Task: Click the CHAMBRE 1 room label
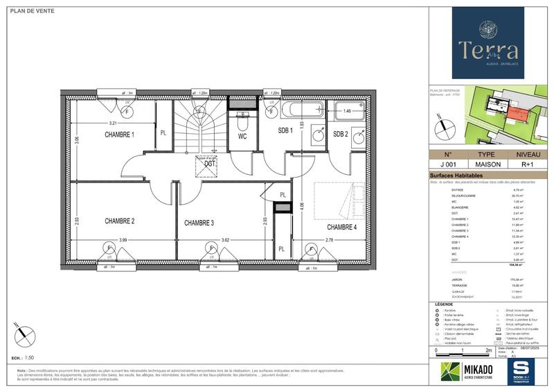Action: (119, 135)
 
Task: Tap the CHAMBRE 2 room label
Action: (119, 221)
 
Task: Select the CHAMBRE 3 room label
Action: (198, 223)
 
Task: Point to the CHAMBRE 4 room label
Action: (341, 228)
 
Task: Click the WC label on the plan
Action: (243, 137)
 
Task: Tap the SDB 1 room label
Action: (286, 130)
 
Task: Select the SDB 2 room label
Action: (340, 134)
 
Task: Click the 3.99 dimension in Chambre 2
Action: (123, 240)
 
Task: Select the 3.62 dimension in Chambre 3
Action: (225, 240)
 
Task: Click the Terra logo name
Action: (489, 50)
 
